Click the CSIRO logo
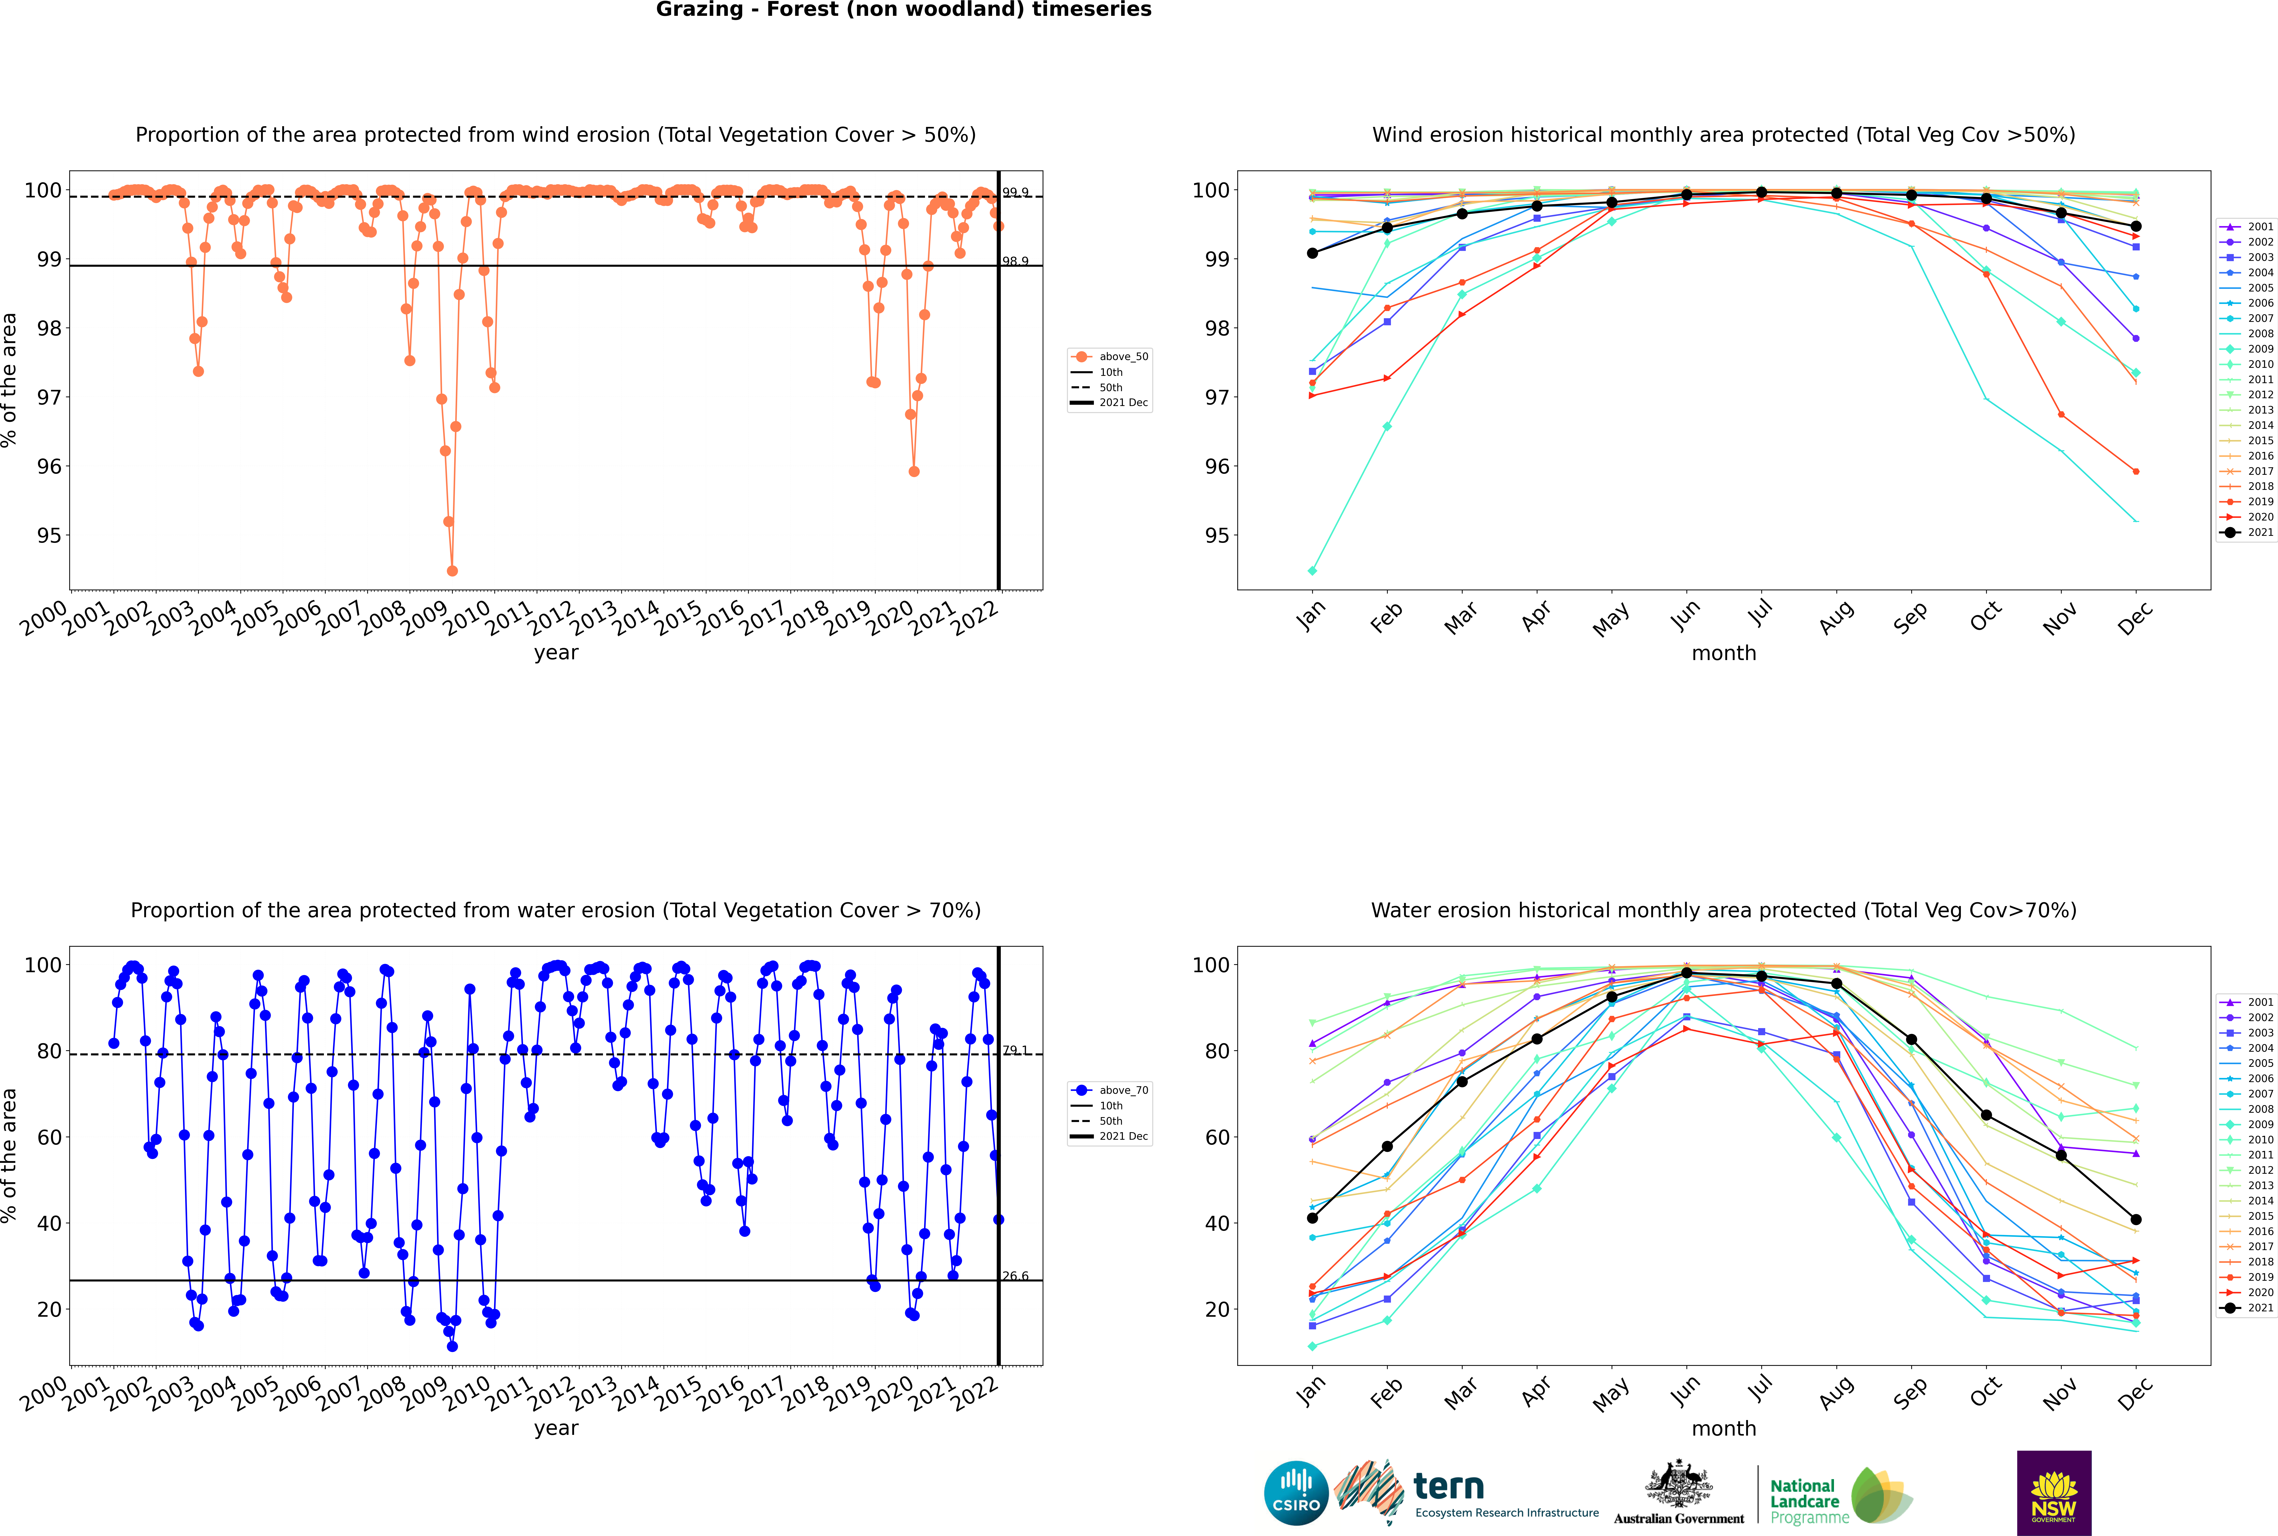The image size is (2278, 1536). click(1296, 1493)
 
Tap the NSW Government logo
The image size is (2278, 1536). click(2054, 1492)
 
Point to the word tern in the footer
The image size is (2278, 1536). click(1449, 1487)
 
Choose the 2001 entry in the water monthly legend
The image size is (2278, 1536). click(2252, 1002)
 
